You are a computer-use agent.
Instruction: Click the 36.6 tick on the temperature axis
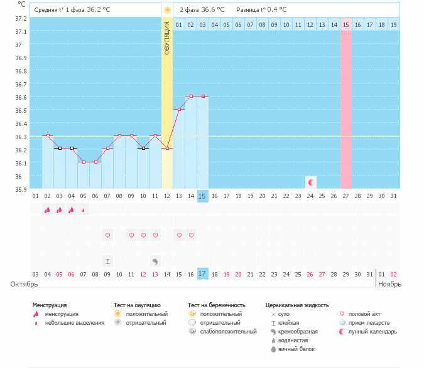click(x=21, y=97)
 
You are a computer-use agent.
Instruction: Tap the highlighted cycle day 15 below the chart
click(x=202, y=196)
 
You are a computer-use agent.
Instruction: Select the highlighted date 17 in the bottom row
click(x=202, y=274)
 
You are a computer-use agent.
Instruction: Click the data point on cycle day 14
click(x=191, y=97)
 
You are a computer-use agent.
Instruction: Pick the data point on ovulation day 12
click(x=167, y=149)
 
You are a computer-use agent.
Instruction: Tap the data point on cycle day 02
click(x=48, y=135)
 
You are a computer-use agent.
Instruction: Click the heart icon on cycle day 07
click(x=107, y=235)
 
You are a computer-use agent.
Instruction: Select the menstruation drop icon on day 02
click(x=47, y=210)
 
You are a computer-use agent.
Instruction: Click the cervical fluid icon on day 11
click(x=155, y=261)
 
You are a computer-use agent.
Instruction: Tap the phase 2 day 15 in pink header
click(x=345, y=24)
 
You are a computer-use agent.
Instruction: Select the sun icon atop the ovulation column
click(x=167, y=10)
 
